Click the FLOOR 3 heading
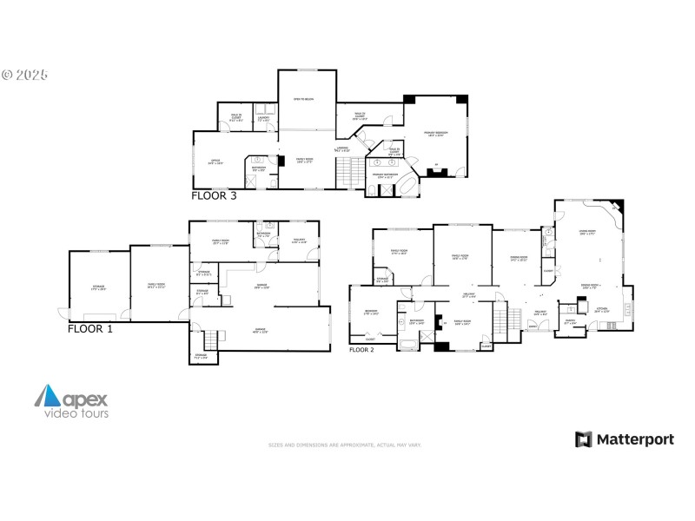tap(214, 195)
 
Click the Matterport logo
tap(624, 439)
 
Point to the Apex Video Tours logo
tap(72, 404)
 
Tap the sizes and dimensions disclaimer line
tap(345, 445)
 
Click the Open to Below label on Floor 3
tap(303, 100)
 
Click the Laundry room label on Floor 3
tap(262, 120)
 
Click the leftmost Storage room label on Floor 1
tap(99, 287)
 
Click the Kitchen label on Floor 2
tap(601, 310)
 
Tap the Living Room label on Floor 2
tap(587, 233)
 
